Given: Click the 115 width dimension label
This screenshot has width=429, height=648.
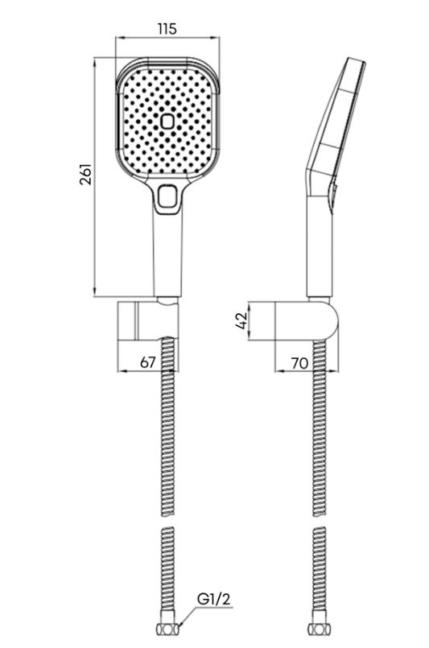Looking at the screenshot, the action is point(167,29).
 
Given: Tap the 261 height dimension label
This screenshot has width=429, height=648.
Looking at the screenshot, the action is point(85,175).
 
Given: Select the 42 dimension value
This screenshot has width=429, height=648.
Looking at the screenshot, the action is point(241,320).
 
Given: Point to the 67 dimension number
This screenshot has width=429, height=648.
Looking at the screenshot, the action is point(147,362).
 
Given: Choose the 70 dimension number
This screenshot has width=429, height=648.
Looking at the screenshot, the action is point(299,363).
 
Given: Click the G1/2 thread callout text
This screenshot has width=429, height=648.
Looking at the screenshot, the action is point(213,599).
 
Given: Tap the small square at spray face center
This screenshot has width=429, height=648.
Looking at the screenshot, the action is point(167,122).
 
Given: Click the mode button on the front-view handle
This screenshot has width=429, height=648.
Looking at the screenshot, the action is point(167,196).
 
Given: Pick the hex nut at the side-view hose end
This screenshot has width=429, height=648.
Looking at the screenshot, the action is point(319,629).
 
